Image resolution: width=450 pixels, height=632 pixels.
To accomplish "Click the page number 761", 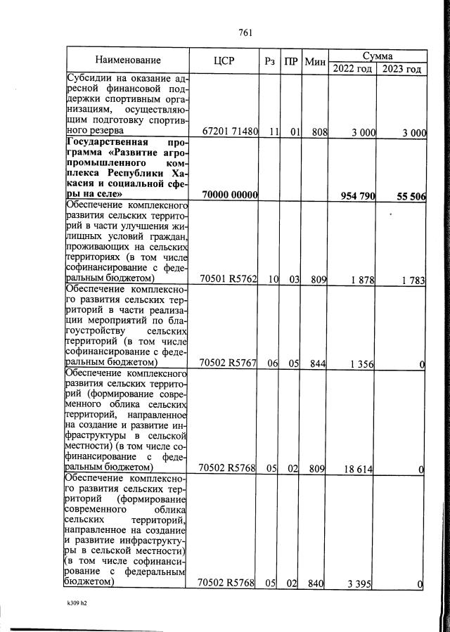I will (245, 32).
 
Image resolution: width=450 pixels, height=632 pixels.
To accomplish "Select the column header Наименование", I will (129, 60).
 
